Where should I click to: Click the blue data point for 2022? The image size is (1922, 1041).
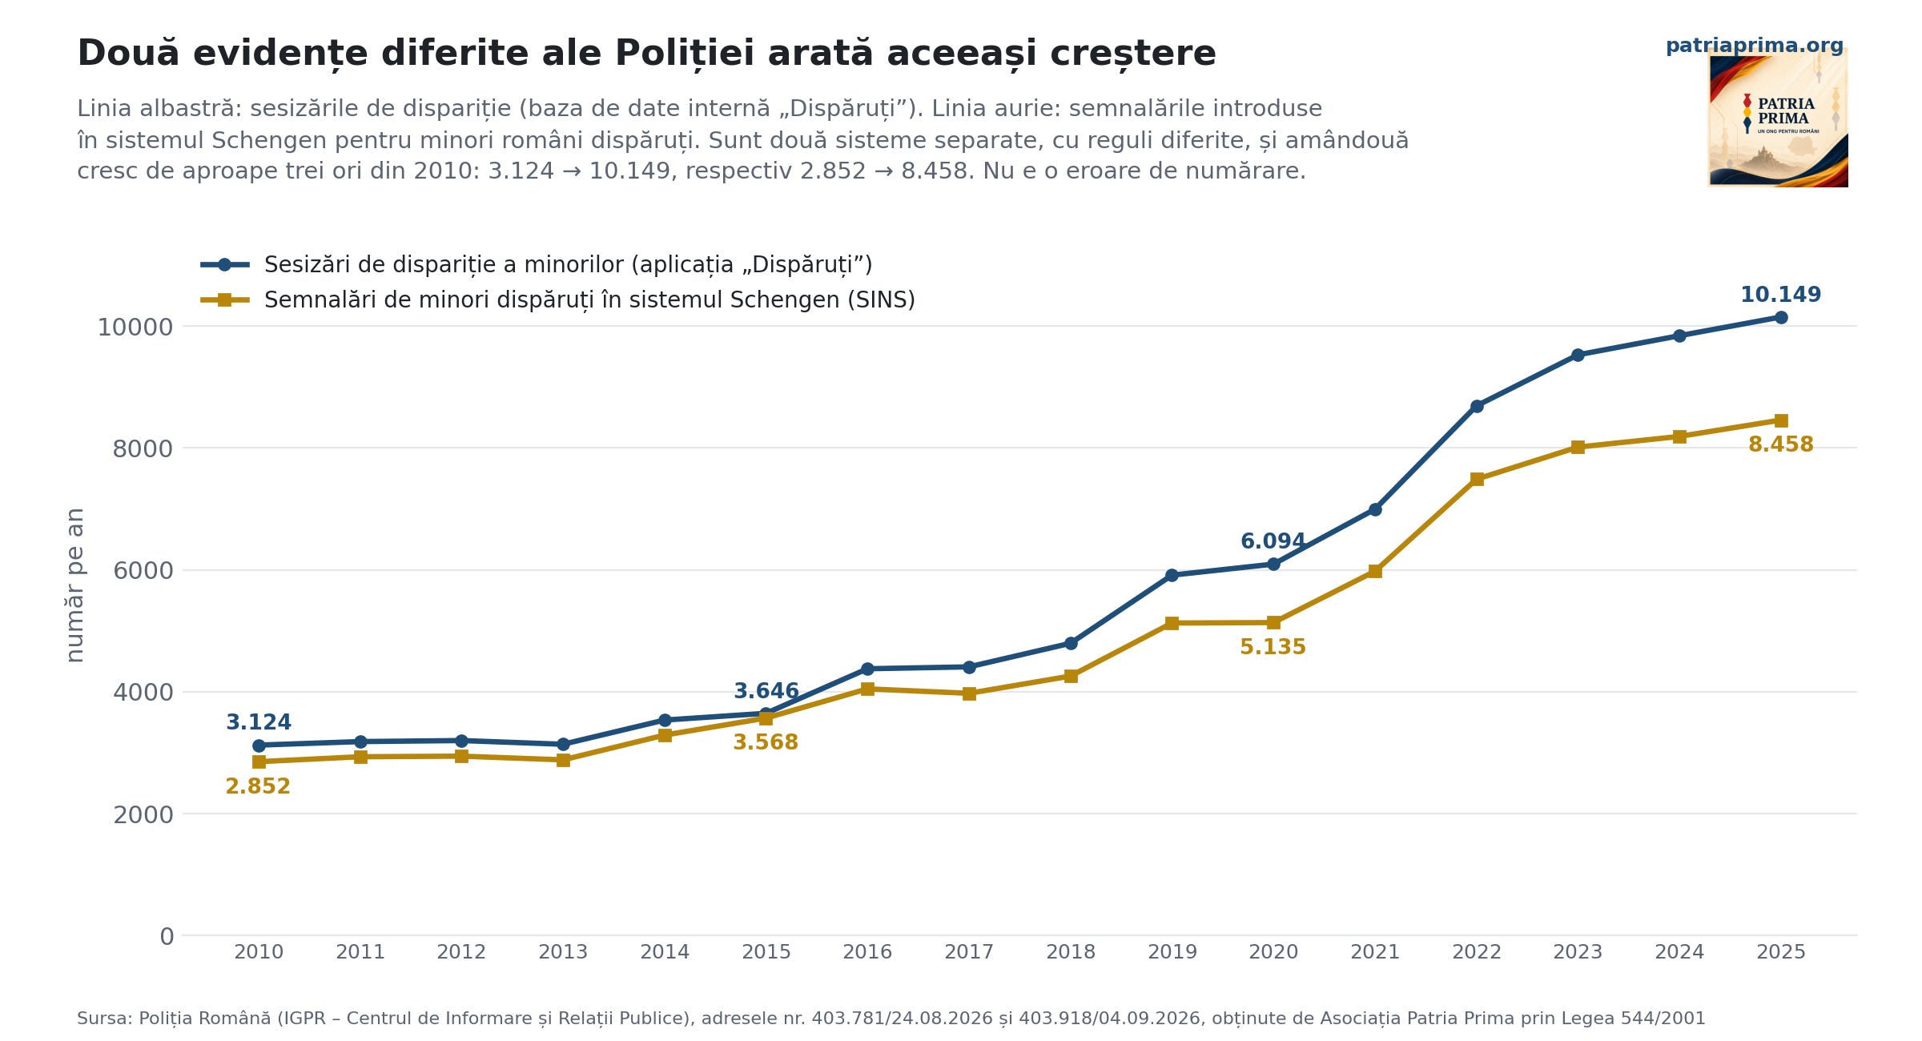(x=1477, y=406)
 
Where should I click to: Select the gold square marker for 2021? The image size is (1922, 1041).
(x=1375, y=571)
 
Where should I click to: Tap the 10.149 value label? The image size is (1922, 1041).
(x=1781, y=295)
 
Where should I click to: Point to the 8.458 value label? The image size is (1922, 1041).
(x=1781, y=444)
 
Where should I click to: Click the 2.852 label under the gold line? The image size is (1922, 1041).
(x=258, y=786)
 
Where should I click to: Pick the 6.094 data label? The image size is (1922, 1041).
(x=1273, y=541)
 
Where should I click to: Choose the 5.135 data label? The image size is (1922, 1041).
(x=1273, y=647)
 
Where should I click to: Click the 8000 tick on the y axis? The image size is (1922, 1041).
(x=143, y=448)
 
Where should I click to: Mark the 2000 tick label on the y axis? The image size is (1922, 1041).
(x=143, y=814)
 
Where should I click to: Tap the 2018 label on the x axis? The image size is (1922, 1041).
(x=1071, y=952)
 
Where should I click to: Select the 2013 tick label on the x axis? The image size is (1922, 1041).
(x=563, y=952)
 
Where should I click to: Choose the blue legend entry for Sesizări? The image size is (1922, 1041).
(x=537, y=265)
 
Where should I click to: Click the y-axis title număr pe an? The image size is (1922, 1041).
(x=74, y=585)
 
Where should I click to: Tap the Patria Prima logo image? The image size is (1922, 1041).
(x=1778, y=118)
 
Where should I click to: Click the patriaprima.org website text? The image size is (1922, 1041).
(x=1755, y=46)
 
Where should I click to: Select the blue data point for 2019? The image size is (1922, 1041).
(x=1172, y=575)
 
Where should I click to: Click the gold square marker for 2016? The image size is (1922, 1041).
(x=867, y=689)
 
